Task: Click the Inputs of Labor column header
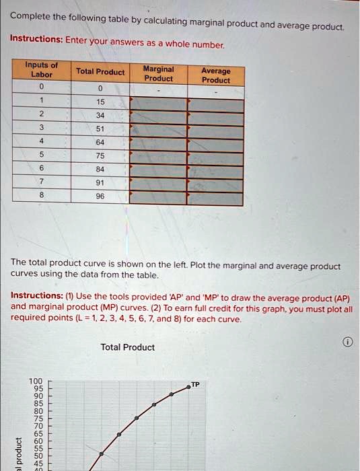(x=41, y=70)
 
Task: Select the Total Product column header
(x=100, y=72)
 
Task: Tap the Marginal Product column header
(x=159, y=73)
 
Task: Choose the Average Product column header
(x=216, y=75)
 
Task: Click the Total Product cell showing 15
(x=100, y=102)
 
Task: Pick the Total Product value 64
(x=100, y=142)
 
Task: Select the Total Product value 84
(x=100, y=170)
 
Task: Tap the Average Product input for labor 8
(x=216, y=198)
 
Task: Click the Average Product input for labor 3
(x=216, y=131)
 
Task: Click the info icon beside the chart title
(x=347, y=342)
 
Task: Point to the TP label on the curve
(x=195, y=384)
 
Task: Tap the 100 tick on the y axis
(x=35, y=382)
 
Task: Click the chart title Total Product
(x=127, y=347)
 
